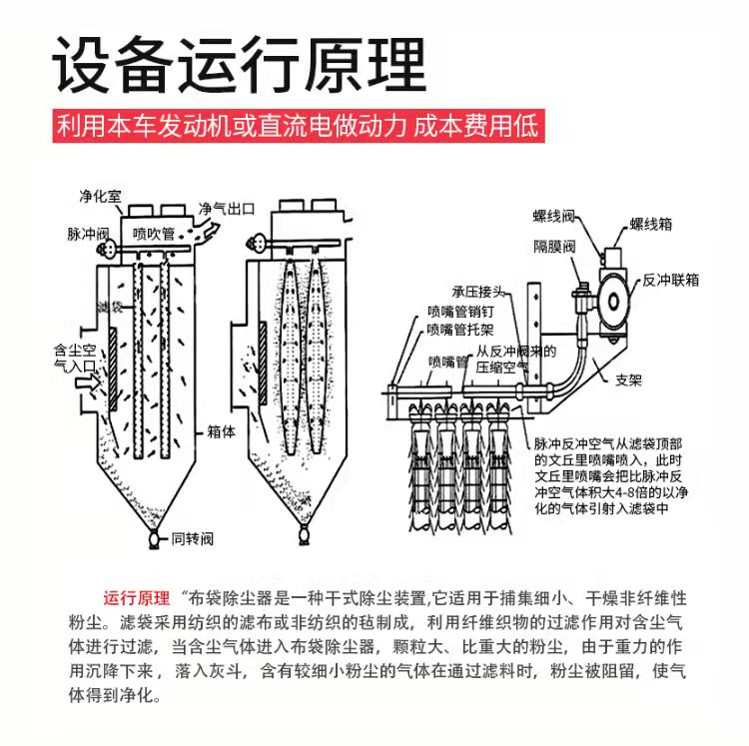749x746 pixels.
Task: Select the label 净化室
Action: point(99,194)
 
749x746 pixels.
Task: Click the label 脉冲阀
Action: point(87,234)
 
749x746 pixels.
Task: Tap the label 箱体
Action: point(221,432)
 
